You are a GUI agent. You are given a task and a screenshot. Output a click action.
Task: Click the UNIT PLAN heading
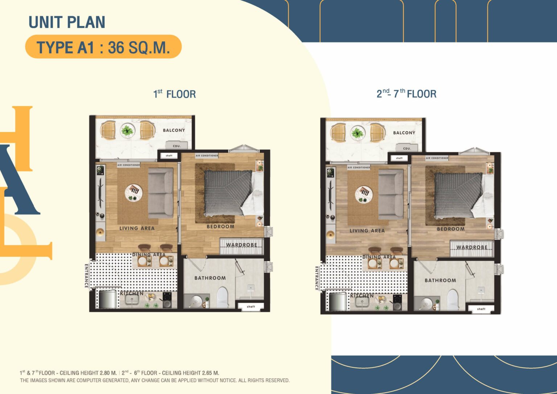67,22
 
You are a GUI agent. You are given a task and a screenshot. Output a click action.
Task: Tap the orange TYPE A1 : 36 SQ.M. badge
103,47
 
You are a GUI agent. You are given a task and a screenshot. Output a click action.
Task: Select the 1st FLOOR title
174,94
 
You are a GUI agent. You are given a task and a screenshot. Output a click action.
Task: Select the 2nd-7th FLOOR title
406,94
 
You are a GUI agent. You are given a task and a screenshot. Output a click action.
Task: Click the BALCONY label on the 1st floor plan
174,130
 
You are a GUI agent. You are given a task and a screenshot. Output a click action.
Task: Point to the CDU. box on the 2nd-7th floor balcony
407,148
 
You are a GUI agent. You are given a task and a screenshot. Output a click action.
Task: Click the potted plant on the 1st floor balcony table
127,130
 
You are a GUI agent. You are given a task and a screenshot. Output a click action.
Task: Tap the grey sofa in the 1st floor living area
161,193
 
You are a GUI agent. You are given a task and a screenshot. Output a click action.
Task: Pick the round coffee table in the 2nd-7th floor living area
364,193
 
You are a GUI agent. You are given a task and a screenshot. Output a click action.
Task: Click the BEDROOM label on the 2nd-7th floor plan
450,229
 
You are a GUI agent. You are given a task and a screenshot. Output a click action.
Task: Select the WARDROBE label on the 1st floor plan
242,245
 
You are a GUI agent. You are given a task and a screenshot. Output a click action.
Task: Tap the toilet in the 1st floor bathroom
222,297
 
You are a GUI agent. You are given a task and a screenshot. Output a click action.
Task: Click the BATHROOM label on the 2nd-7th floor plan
440,280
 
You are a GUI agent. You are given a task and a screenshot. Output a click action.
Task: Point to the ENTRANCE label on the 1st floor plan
87,276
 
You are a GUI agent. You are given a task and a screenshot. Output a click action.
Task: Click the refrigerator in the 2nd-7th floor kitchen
338,302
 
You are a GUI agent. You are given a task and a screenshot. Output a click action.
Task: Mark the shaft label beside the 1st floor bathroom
251,307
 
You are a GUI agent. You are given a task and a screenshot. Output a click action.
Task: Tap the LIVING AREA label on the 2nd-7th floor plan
367,231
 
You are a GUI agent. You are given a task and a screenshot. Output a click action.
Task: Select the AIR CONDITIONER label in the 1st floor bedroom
207,156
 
